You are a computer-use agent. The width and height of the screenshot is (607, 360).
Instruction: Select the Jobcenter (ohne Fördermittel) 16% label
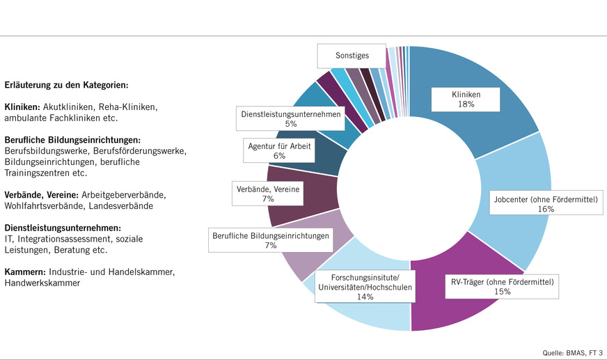coord(546,204)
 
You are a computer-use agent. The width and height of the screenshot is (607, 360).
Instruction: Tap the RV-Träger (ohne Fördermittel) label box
coord(503,287)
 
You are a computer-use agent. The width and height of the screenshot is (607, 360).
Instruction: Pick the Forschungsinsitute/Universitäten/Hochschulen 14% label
coord(365,285)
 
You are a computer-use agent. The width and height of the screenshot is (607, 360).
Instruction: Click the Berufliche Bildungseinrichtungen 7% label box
coord(270,241)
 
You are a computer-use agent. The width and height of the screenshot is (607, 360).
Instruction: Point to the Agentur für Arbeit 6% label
coord(279,151)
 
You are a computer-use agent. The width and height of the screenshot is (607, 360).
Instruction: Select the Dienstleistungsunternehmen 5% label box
coord(290,119)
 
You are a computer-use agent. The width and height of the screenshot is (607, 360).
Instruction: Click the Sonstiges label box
coord(352,55)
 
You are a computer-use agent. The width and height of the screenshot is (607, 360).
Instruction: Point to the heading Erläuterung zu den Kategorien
coord(66,86)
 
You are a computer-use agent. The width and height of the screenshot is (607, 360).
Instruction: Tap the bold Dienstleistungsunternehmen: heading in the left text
coord(63,228)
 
